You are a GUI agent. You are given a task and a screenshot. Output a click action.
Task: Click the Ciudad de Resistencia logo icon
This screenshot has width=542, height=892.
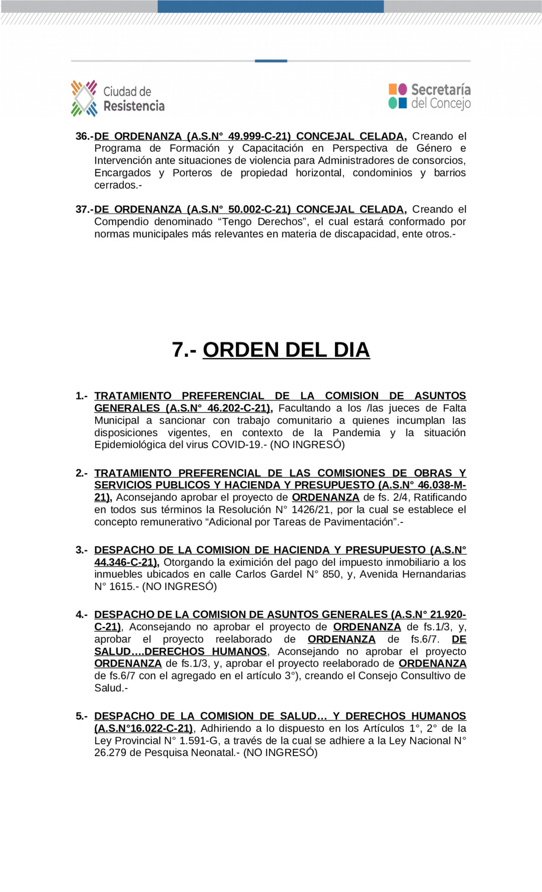(x=84, y=98)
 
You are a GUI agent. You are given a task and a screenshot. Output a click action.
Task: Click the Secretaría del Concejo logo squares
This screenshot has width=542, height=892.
(x=398, y=96)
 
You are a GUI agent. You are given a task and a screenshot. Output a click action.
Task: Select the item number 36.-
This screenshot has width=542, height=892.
(x=84, y=136)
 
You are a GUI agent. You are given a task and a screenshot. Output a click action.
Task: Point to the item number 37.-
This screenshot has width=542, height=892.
(x=84, y=209)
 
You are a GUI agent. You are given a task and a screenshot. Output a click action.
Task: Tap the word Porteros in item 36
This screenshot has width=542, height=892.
(x=192, y=173)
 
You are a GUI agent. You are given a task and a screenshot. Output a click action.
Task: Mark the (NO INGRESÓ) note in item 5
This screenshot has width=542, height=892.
(x=280, y=753)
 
